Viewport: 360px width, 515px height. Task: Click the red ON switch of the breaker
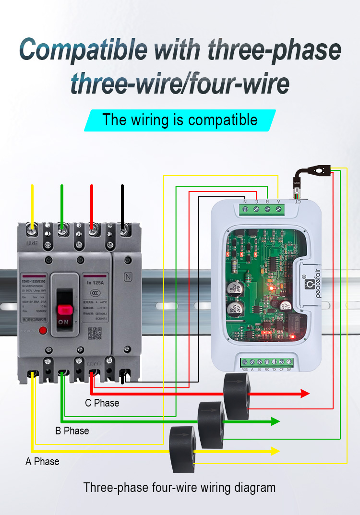click(x=63, y=312)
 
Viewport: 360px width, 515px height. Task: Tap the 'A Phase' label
click(x=42, y=462)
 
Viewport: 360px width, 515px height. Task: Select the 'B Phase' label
click(x=72, y=431)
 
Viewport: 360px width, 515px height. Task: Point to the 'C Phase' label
click(x=102, y=403)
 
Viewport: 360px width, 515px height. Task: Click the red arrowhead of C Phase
click(x=305, y=394)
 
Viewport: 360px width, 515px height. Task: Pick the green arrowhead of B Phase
click(x=275, y=421)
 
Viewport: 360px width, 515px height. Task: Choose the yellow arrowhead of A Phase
click(x=275, y=451)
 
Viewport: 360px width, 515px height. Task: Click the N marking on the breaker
click(x=128, y=277)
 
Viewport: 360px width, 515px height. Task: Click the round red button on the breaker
click(x=42, y=330)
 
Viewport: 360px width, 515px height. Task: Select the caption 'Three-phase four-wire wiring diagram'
click(x=180, y=488)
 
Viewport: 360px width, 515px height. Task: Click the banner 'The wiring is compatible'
click(x=180, y=120)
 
